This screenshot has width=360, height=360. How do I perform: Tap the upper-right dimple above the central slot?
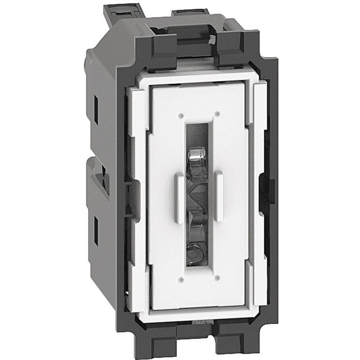tap(216, 114)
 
